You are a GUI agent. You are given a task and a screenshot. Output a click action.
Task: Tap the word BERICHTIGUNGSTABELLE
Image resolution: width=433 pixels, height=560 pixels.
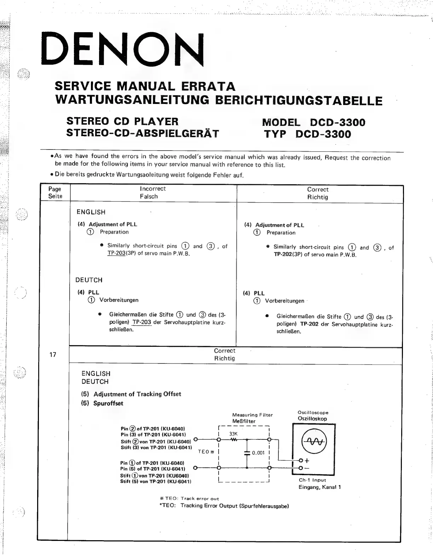[299, 101]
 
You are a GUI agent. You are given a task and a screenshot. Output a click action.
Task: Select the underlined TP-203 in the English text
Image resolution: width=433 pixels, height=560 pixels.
[116, 253]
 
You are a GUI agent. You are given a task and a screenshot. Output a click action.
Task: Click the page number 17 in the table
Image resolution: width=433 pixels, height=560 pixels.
[53, 355]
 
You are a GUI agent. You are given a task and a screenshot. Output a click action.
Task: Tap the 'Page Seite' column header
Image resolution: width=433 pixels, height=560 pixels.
[55, 193]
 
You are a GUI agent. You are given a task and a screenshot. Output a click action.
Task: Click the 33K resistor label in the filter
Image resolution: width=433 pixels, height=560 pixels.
[233, 434]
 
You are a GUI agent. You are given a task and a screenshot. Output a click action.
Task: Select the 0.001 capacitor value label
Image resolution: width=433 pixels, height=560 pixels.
[258, 453]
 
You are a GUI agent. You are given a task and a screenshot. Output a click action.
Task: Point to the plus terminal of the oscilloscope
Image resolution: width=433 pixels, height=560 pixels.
[301, 460]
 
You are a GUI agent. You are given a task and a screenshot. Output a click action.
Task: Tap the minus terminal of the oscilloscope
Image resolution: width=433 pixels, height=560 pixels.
[301, 468]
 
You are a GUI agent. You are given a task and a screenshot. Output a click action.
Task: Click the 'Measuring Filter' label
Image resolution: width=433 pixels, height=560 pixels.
[252, 415]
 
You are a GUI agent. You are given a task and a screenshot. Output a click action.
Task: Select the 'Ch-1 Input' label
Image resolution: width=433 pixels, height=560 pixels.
[312, 480]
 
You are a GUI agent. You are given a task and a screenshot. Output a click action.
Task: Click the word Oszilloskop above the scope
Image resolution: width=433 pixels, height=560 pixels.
[312, 419]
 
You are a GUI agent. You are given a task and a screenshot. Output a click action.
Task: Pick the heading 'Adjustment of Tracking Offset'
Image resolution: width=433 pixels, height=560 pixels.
[137, 394]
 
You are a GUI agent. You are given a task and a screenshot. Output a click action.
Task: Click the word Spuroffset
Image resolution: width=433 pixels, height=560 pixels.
[108, 403]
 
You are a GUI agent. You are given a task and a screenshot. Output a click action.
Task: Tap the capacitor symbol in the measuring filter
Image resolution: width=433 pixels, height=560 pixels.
[247, 453]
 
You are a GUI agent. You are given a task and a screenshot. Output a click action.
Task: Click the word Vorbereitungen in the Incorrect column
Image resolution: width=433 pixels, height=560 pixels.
[119, 300]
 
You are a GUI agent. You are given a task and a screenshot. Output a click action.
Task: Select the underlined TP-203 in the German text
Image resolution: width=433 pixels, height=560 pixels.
[142, 322]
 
